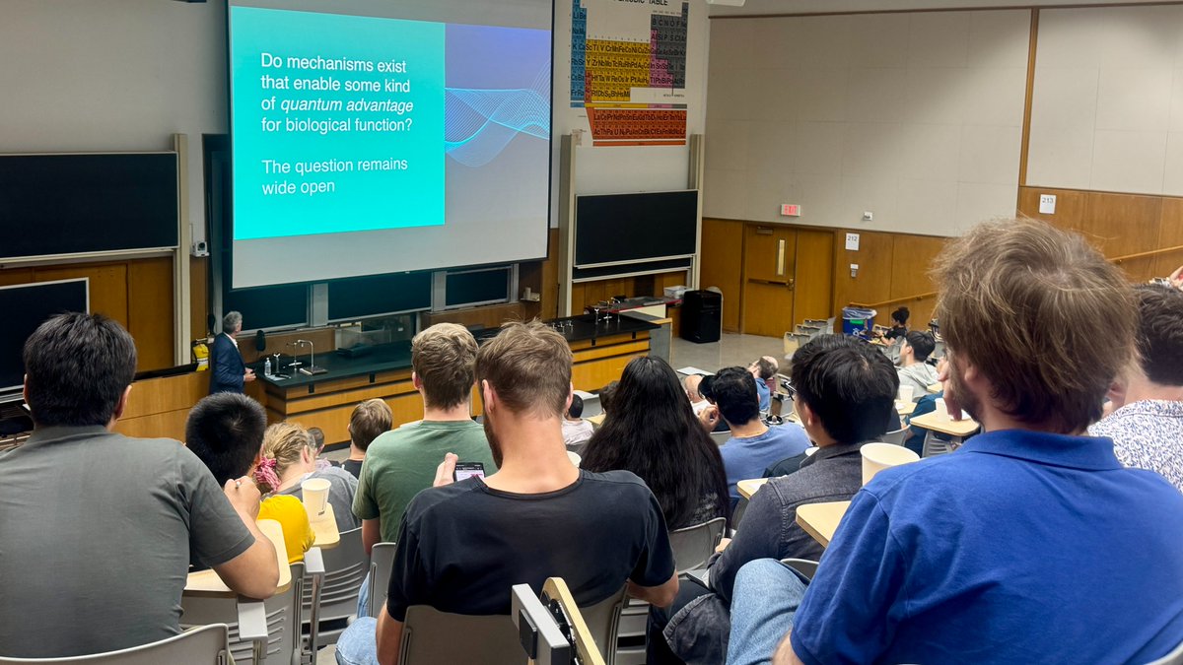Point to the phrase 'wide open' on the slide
click(x=298, y=187)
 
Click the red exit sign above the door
click(x=789, y=209)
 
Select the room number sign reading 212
click(x=851, y=240)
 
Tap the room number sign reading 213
click(x=1047, y=204)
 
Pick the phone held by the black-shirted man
click(x=468, y=471)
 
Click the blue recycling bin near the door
click(x=856, y=322)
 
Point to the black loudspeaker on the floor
click(x=701, y=315)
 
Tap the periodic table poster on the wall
click(x=630, y=71)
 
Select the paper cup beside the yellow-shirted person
click(x=315, y=498)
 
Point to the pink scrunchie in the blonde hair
click(x=267, y=473)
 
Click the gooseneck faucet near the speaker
click(x=308, y=353)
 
